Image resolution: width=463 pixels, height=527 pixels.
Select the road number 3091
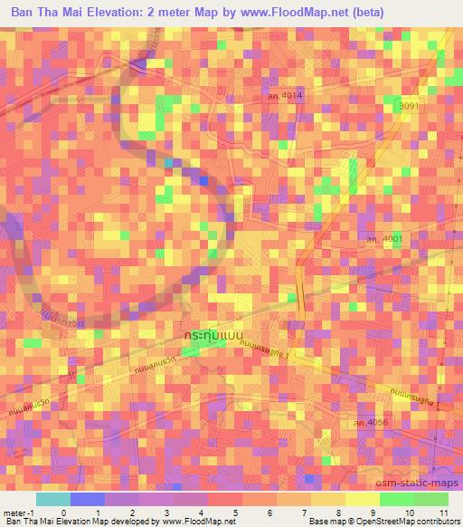click(412, 106)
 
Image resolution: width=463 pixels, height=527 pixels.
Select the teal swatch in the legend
click(52, 499)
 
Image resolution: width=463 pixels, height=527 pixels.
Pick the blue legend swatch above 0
click(87, 499)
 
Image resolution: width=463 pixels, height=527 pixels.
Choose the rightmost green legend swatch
click(430, 499)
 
